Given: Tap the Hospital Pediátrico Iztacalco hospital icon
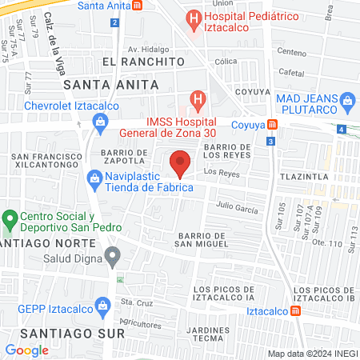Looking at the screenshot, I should (193, 17).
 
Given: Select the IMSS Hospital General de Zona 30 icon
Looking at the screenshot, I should (197, 101).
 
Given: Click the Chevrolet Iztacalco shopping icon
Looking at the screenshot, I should (100, 122).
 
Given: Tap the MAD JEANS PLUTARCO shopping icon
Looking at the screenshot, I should (347, 100).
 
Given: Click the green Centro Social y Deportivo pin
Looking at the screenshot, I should (10, 218).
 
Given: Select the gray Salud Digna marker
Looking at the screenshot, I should (114, 257).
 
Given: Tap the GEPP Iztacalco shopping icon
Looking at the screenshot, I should (102, 305).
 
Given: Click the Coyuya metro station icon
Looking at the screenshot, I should (273, 124).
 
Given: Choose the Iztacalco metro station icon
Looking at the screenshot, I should (296, 310).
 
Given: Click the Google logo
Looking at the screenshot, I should (26, 350).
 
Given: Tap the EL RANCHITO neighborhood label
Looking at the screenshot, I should (138, 61).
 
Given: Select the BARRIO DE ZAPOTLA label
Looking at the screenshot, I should (124, 156).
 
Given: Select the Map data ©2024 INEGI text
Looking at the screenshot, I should (312, 354).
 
